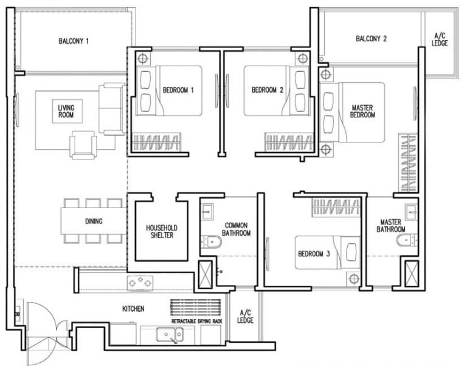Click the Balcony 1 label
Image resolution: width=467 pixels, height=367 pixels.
click(74, 41)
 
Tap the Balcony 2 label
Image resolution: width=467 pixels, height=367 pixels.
click(371, 39)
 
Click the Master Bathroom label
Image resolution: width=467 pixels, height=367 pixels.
click(392, 226)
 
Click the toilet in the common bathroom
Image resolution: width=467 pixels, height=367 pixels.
click(212, 242)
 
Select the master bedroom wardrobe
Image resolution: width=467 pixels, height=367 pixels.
click(408, 163)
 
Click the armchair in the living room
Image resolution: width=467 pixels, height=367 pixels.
click(83, 146)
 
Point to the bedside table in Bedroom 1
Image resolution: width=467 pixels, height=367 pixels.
click(142, 58)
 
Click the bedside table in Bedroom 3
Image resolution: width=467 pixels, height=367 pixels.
click(352, 278)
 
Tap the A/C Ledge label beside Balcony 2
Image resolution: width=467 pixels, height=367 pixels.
click(440, 40)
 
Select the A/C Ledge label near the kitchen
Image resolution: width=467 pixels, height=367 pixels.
click(245, 316)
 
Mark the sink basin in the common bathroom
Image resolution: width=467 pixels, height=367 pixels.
click(206, 211)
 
